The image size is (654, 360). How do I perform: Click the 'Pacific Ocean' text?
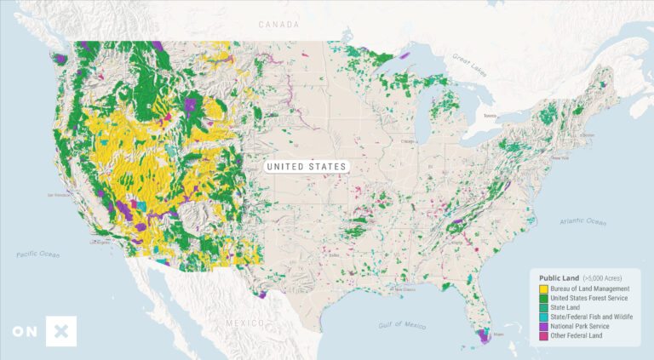(x=38, y=254)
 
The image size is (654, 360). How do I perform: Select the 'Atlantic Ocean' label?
(x=583, y=220)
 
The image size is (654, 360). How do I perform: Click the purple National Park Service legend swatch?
(x=543, y=326)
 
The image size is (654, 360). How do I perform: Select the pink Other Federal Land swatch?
(x=543, y=335)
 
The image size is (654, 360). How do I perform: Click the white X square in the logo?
(x=62, y=331)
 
